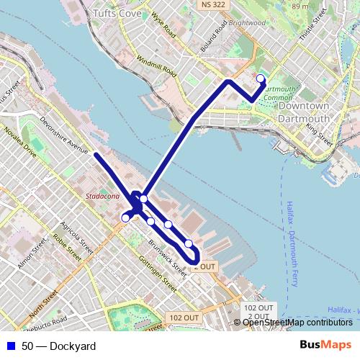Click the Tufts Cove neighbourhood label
(117, 13)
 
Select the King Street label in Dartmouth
(320, 135)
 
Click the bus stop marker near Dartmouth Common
(261, 79)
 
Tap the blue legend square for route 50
(9, 346)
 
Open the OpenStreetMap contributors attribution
(297, 322)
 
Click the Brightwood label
(246, 22)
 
